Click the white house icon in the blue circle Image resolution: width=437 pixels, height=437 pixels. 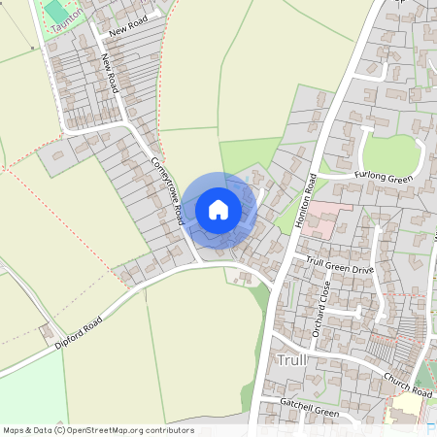[x=218, y=209]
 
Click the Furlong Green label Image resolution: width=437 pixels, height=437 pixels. [x=386, y=178]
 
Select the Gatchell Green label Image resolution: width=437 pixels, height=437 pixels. [x=310, y=413]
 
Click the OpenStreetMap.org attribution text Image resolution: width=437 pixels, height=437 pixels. [x=97, y=430]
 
